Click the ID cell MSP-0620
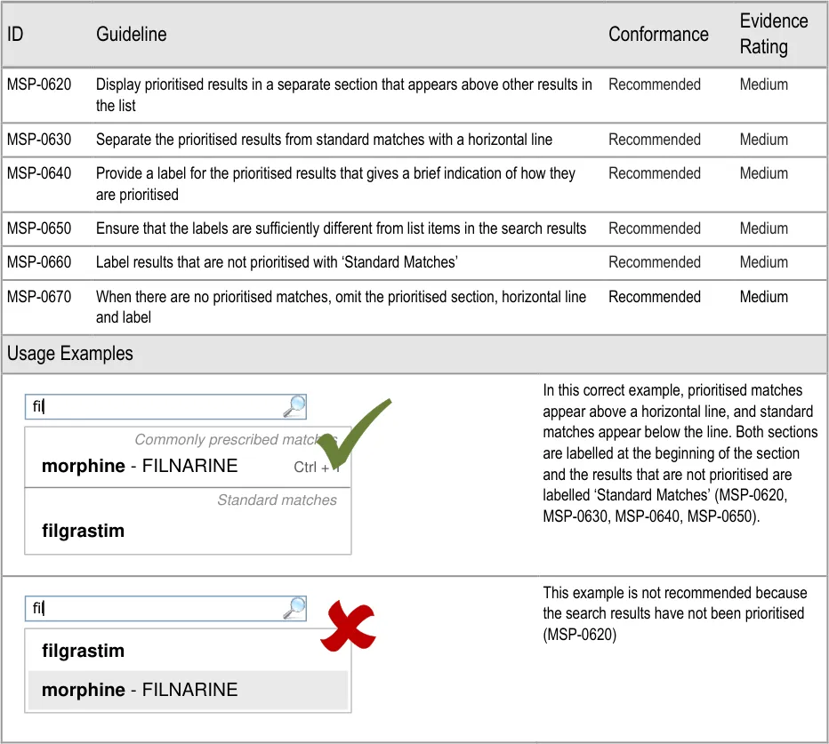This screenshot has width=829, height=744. click(x=39, y=84)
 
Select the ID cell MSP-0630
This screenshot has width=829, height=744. click(x=39, y=140)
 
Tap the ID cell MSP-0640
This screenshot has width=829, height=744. click(x=39, y=173)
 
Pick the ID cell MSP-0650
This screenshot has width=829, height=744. click(x=39, y=228)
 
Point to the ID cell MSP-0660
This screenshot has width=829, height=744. click(x=39, y=262)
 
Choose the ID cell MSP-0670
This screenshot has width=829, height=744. click(x=39, y=297)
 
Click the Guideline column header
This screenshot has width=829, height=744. click(x=131, y=35)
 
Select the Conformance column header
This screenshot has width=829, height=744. click(x=658, y=35)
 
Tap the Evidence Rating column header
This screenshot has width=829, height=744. click(x=773, y=34)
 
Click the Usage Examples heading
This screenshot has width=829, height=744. click(x=70, y=354)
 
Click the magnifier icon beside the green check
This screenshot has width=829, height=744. click(x=294, y=407)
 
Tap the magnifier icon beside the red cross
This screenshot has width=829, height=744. click(x=294, y=608)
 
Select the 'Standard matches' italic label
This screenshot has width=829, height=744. click(x=277, y=500)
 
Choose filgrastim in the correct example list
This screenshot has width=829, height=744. click(x=83, y=532)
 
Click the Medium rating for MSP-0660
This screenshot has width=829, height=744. click(x=763, y=262)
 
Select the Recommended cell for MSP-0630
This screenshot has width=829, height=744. click(x=654, y=140)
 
